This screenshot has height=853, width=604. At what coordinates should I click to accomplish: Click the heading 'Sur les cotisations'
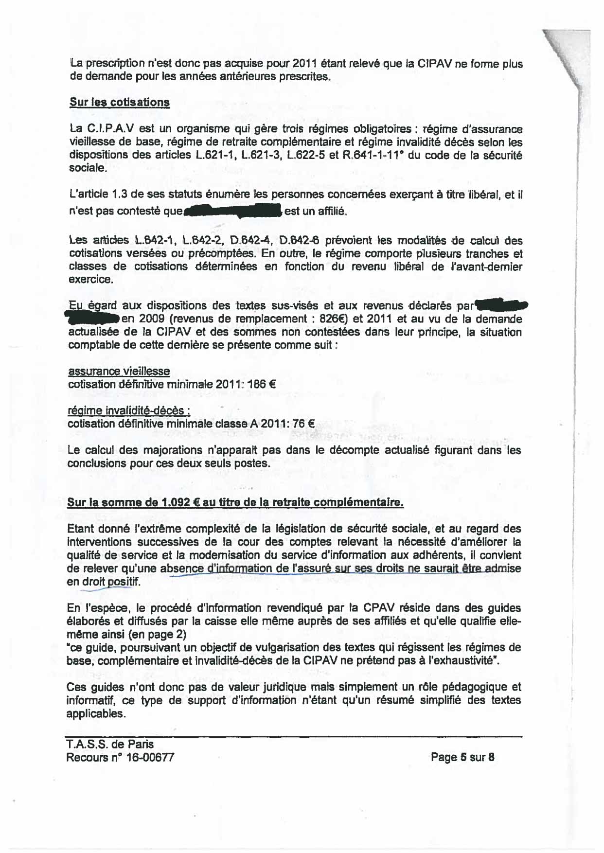coord(120,103)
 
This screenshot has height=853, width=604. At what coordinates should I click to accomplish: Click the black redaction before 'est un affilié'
coord(233,212)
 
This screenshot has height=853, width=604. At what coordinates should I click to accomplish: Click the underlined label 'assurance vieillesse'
coord(119,372)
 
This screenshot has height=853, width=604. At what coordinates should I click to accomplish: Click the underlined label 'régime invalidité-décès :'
coord(128,411)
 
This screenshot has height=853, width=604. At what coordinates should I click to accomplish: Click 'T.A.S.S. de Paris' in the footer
coord(110,744)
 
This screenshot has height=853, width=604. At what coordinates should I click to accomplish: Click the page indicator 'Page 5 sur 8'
coord(462,757)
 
